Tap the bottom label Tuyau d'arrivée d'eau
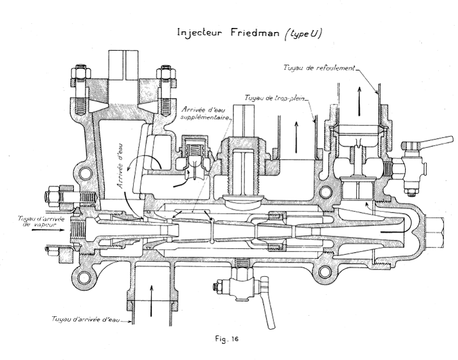(81, 319)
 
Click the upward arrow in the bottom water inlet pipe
(152, 291)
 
